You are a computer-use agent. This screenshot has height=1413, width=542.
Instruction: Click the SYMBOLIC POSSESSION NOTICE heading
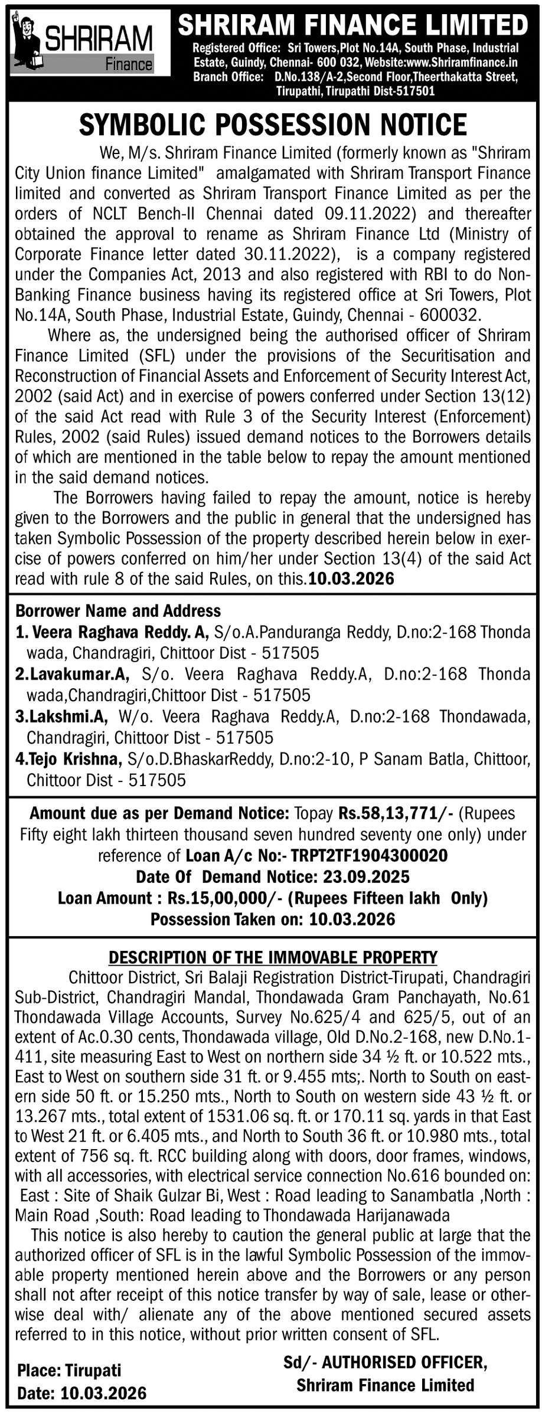(273, 125)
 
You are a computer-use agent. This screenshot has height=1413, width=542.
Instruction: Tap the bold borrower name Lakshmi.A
(68, 716)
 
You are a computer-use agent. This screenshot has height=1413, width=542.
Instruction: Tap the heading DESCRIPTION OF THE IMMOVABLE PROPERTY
(273, 957)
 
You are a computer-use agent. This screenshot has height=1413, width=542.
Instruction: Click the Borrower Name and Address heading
(118, 610)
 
